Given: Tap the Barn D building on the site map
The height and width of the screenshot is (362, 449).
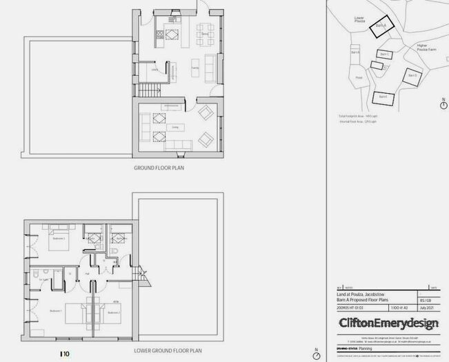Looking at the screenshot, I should tap(412, 77).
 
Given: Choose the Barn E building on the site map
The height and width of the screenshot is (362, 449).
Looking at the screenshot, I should tap(383, 98).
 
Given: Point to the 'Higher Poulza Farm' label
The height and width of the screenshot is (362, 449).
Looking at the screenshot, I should tap(427, 48).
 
